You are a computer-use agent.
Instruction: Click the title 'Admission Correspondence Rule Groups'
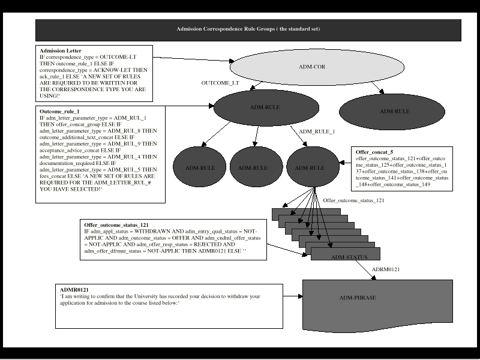(248, 29)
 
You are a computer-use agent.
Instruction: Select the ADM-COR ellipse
(311, 67)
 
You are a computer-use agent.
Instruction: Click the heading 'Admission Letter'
(61, 51)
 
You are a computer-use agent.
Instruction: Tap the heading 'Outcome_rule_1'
(60, 112)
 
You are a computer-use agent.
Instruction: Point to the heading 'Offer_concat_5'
(375, 152)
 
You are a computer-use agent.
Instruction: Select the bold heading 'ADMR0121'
(74, 290)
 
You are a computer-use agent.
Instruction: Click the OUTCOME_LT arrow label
(220, 83)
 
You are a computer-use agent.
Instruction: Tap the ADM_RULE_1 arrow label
(316, 131)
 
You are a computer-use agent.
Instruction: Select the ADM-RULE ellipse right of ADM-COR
(394, 111)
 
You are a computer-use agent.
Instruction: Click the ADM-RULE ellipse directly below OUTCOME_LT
(265, 107)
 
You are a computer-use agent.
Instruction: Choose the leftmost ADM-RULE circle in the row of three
(200, 168)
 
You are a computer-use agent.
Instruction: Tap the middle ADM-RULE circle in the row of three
(253, 168)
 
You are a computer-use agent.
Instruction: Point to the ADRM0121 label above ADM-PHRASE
(386, 270)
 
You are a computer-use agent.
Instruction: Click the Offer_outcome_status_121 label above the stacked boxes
(353, 200)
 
